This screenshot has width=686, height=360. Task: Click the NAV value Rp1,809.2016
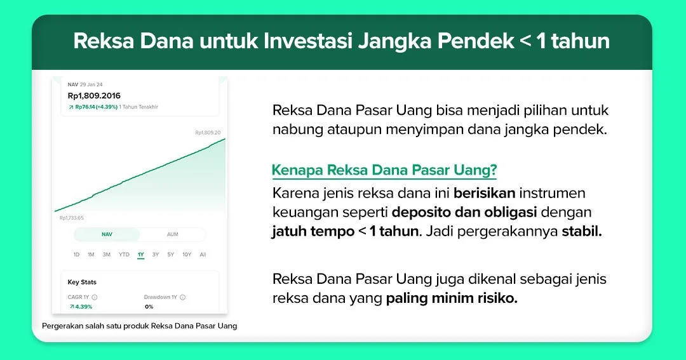coord(94,96)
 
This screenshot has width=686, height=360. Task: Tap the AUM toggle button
coord(172,234)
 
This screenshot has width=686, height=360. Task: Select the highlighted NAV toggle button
coord(107,234)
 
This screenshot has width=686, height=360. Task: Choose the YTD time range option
coord(124,255)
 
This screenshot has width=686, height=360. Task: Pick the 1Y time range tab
coord(140,255)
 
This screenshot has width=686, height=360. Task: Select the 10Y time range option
coord(187,255)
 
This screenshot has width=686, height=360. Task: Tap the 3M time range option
coord(106,255)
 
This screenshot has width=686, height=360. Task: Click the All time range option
coord(203,255)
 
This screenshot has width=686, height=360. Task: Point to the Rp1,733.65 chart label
coord(71,218)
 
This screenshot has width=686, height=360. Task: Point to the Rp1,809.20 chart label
coord(208,133)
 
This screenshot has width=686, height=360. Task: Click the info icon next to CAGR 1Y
coord(95,297)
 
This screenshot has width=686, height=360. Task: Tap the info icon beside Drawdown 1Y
coord(183,297)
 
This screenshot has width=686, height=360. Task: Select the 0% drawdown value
coord(149,307)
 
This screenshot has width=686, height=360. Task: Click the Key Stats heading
coord(82,282)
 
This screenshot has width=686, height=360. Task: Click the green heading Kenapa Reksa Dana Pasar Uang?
coord(384,170)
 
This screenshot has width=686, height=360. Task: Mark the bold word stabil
coord(582,231)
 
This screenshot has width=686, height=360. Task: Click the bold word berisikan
coord(484,193)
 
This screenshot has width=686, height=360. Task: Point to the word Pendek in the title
coord(476,41)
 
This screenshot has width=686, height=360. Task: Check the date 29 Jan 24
coord(91,84)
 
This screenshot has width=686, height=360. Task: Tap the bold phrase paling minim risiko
coord(452,298)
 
